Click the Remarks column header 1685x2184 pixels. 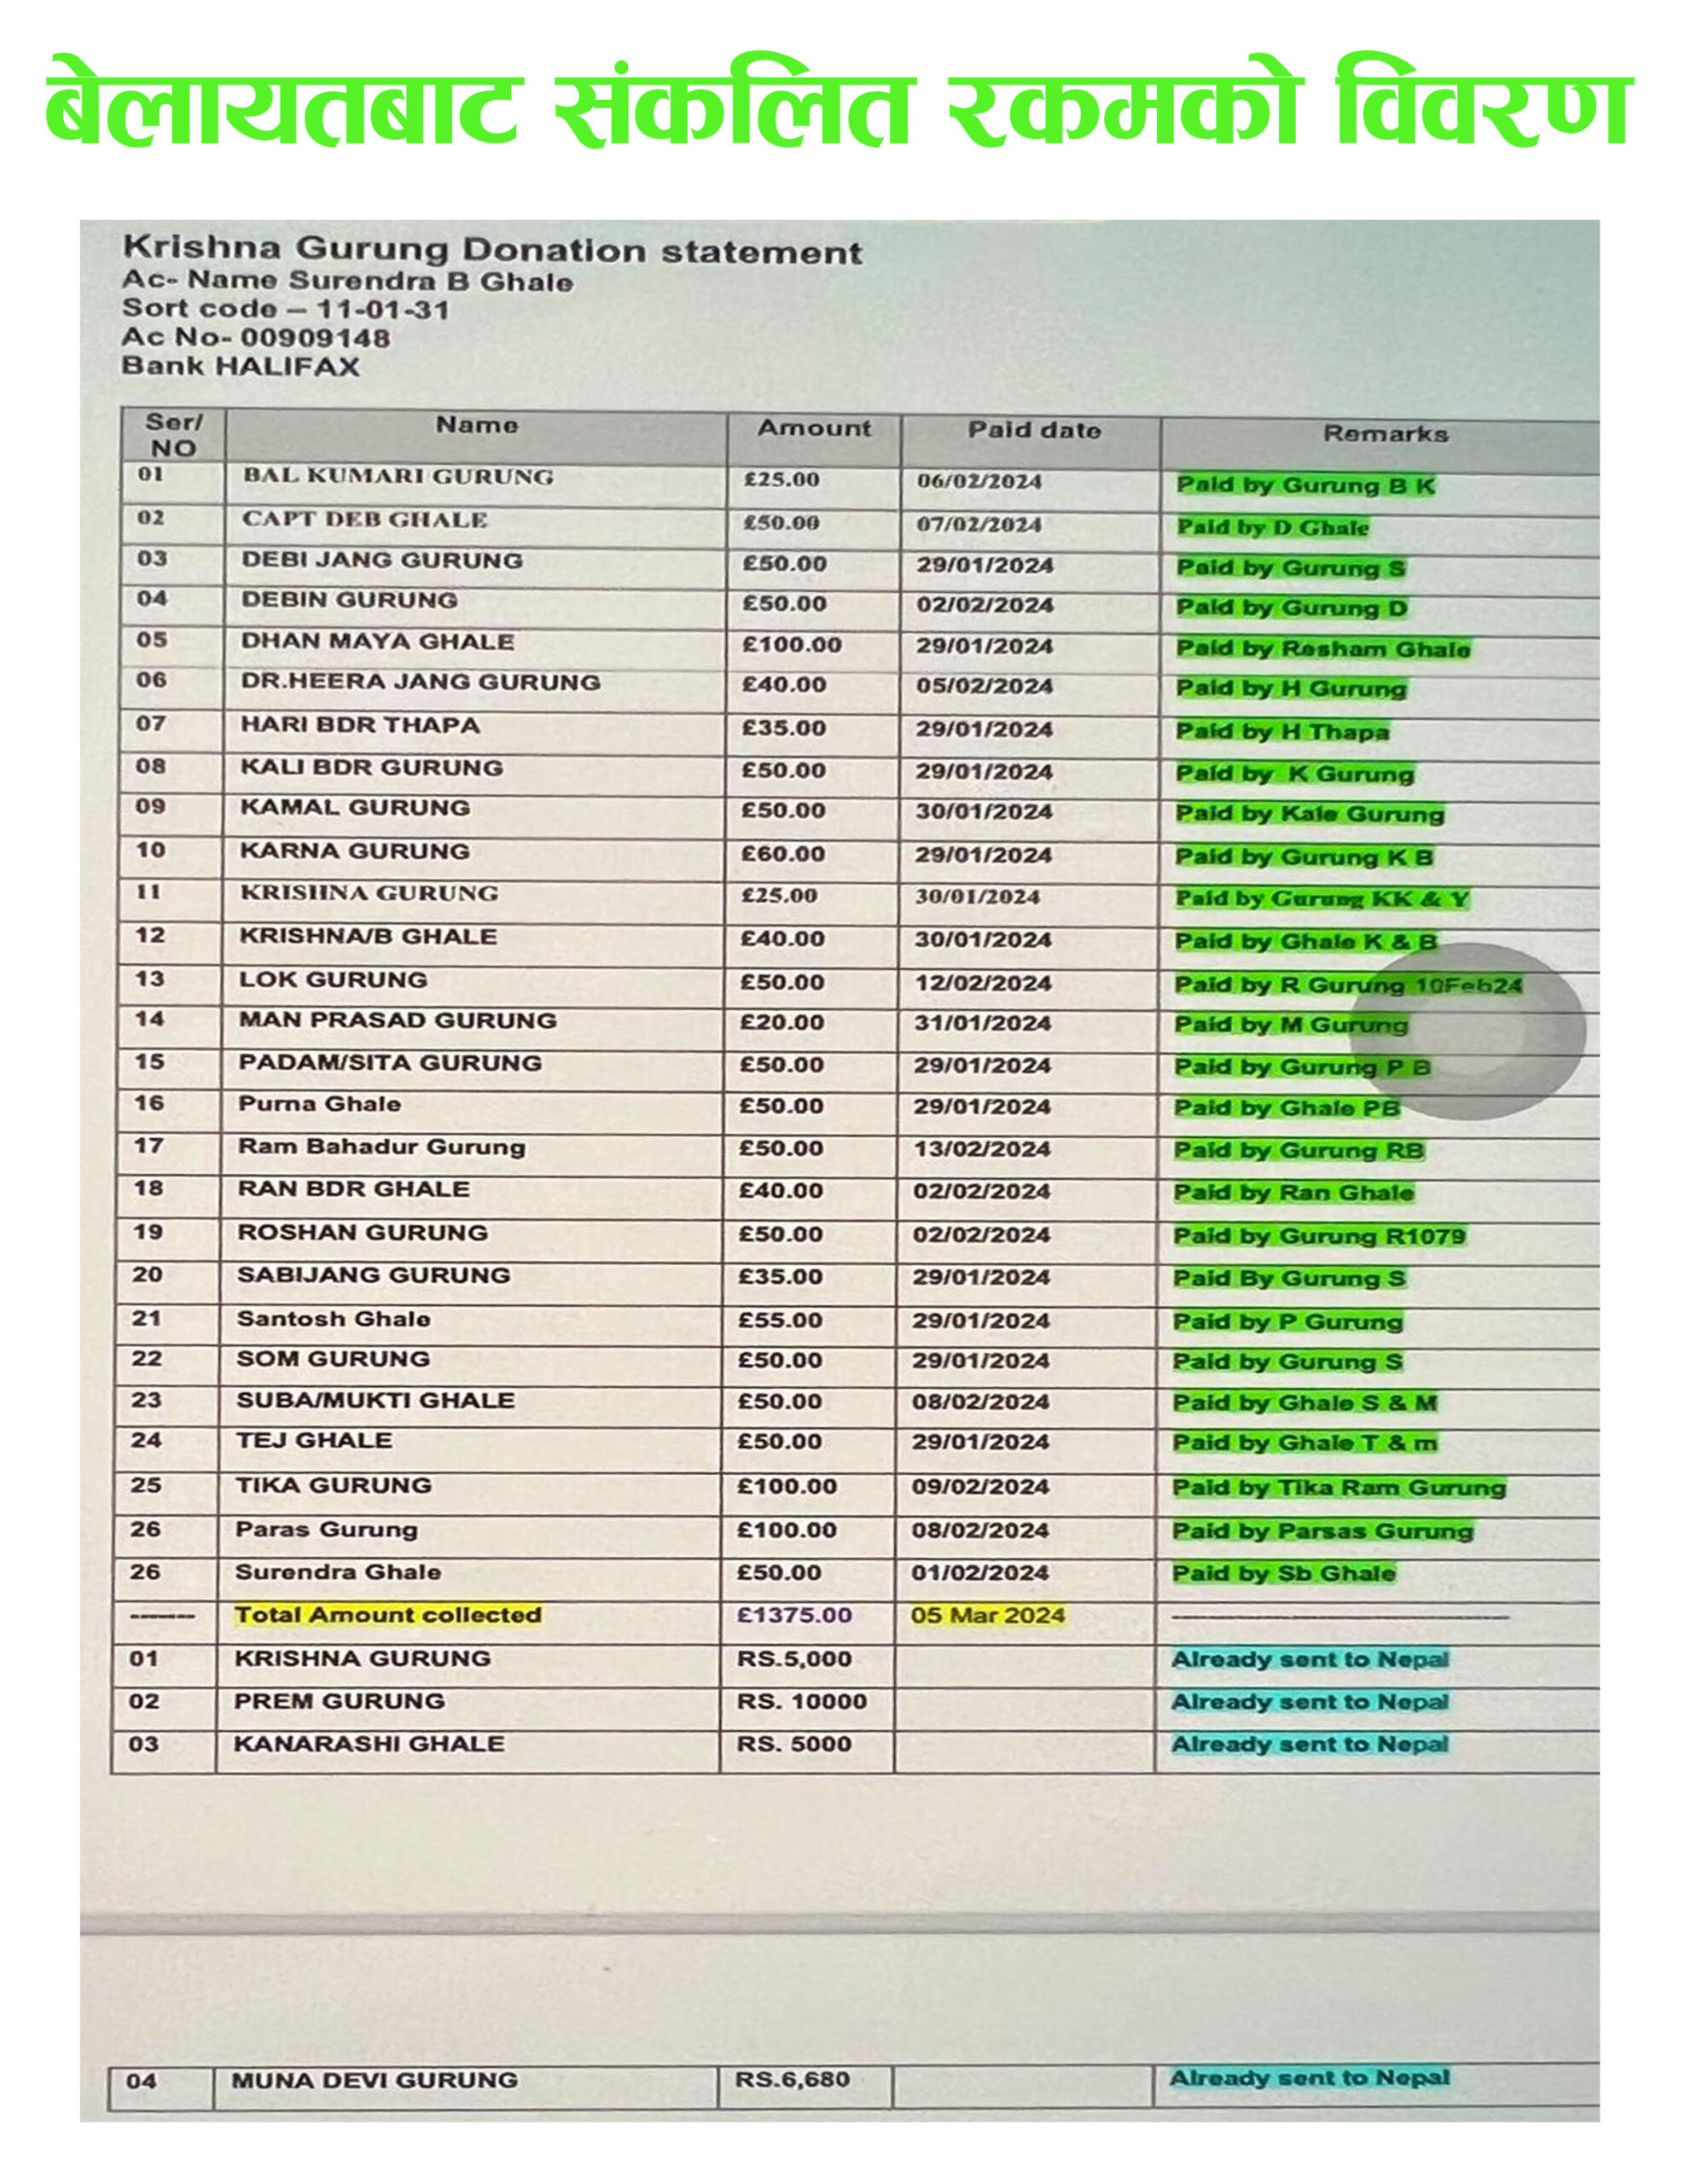point(1384,434)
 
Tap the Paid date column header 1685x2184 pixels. point(1033,431)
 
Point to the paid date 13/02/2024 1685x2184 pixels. point(981,1150)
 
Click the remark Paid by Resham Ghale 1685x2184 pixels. point(1322,649)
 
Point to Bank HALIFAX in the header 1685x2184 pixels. point(240,366)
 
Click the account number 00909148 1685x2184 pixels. point(314,338)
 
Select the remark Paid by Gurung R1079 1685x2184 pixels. point(1319,1236)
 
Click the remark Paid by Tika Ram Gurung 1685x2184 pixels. point(1338,1488)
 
